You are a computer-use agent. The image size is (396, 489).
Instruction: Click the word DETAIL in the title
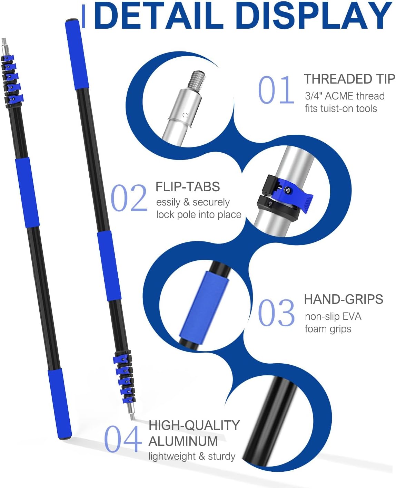click(159, 16)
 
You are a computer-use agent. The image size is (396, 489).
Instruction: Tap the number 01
click(276, 89)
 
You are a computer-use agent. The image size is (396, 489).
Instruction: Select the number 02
click(129, 198)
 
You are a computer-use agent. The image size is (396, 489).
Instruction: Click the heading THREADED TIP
click(349, 79)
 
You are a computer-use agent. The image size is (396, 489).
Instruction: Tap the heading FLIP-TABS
click(188, 186)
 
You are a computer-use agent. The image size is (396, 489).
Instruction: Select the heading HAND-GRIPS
click(344, 299)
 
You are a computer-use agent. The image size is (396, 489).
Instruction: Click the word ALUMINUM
click(183, 441)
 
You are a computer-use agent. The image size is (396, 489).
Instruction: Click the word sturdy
click(221, 457)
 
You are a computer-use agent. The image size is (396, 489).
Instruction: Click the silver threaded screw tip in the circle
click(196, 80)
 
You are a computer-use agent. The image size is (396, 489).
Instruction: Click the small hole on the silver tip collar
click(185, 115)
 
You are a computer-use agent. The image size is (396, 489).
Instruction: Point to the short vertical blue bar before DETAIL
click(83, 16)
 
